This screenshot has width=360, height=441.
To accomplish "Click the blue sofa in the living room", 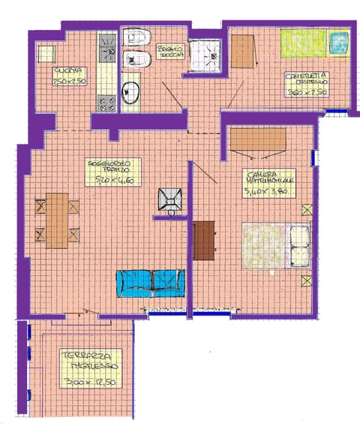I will [x=150, y=282].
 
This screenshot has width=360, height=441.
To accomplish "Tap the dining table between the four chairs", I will [x=57, y=220].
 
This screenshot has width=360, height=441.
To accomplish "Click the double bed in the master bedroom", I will [x=274, y=244].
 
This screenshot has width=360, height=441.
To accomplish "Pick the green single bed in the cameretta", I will [x=304, y=43].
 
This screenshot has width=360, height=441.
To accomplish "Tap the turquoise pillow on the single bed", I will [x=339, y=40].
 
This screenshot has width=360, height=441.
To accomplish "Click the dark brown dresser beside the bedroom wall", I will [x=204, y=241].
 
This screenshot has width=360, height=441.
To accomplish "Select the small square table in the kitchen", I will [x=47, y=54].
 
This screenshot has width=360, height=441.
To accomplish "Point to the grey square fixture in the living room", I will [x=169, y=199].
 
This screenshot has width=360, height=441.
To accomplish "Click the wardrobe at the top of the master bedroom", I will [x=257, y=139].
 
